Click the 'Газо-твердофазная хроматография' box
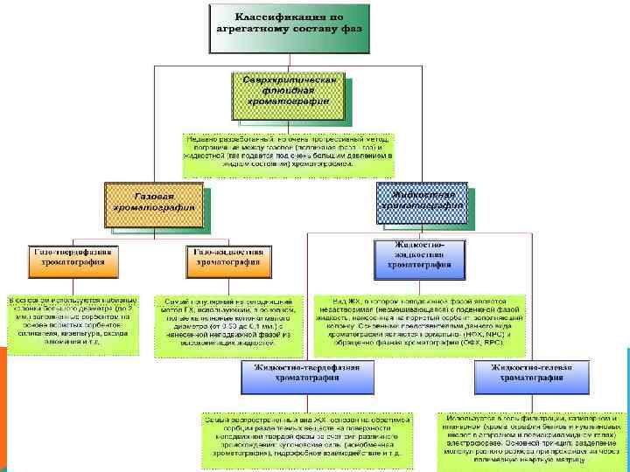tap(73, 256)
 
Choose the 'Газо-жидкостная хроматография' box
tap(228, 256)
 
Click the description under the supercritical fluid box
tap(289, 155)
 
